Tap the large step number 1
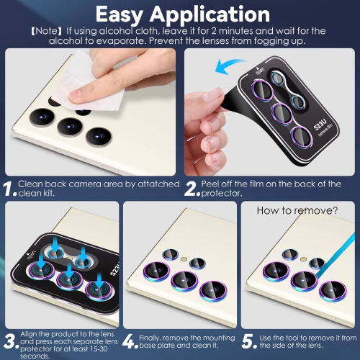click(x=9, y=190)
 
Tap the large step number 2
click(x=190, y=190)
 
